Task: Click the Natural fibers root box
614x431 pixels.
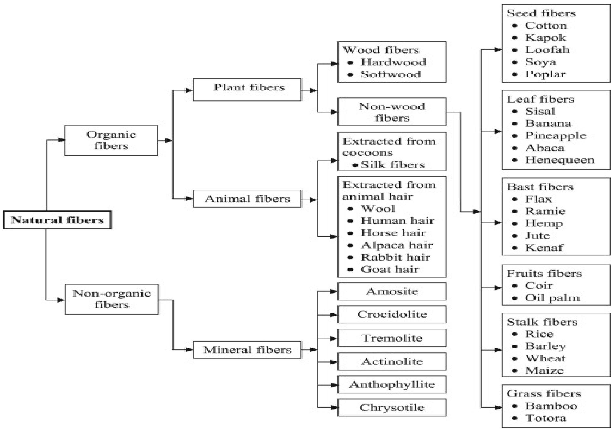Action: (x=57, y=220)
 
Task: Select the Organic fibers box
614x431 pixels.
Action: (x=111, y=141)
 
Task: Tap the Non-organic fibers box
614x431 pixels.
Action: (x=112, y=299)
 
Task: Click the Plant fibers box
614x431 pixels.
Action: (x=247, y=90)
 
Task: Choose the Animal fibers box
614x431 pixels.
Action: (x=247, y=199)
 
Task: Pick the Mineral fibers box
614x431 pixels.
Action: (x=247, y=350)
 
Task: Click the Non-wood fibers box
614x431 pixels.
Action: (x=392, y=112)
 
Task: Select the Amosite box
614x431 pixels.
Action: (x=392, y=291)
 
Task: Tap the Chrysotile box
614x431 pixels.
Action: (x=392, y=408)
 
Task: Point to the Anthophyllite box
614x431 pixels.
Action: (x=392, y=385)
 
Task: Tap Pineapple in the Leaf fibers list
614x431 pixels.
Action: (x=556, y=136)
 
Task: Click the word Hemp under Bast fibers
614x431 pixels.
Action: (x=544, y=223)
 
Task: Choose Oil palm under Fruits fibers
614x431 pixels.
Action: (x=552, y=298)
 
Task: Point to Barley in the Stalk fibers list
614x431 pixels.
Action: (x=546, y=346)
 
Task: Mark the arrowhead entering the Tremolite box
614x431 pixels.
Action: (x=334, y=338)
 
